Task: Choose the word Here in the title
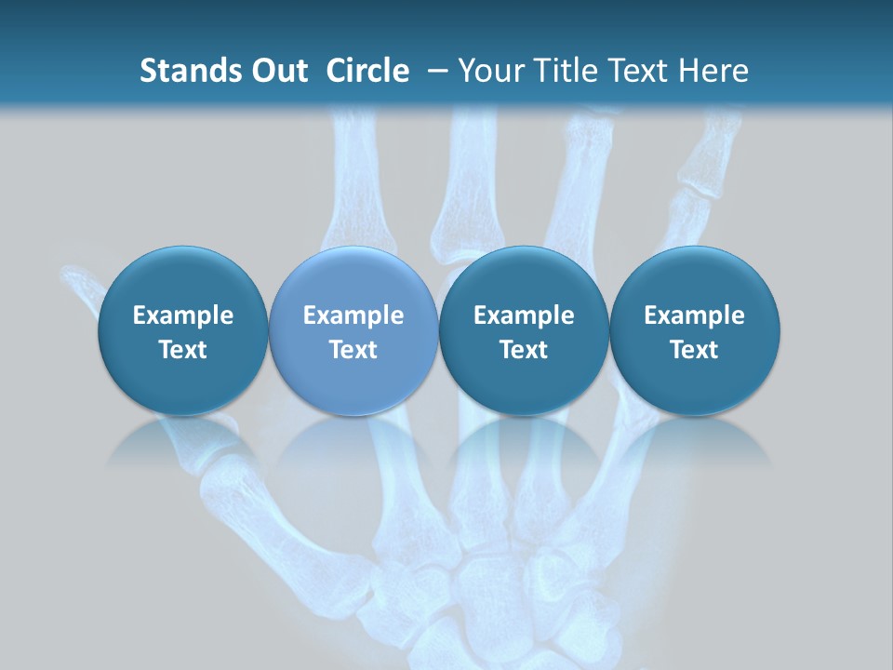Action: pos(713,71)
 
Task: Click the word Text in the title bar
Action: pos(634,71)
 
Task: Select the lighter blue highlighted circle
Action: pos(353,331)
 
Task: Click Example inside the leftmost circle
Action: pos(183,315)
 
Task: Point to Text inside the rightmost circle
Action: pos(695,350)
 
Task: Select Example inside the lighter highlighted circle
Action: pos(353,315)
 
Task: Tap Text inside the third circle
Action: pos(524,350)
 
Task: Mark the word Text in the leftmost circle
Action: pos(183,350)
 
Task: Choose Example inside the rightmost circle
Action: pos(695,315)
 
